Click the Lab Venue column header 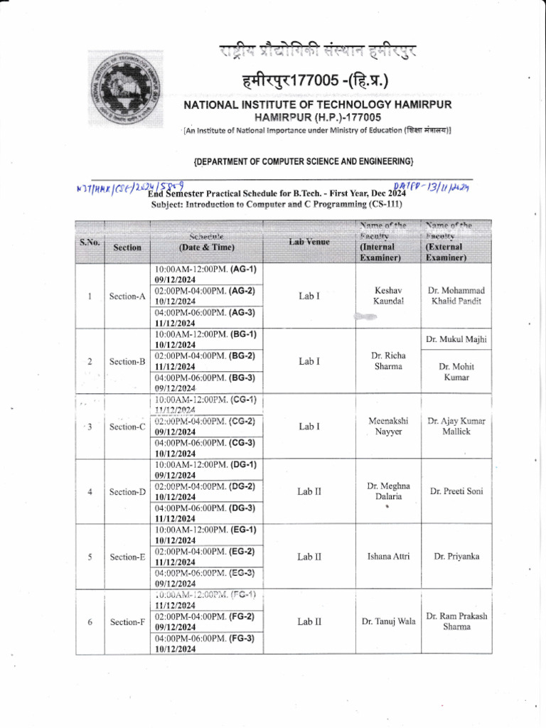(x=309, y=242)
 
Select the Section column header (x=127, y=247)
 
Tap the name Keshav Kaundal (x=388, y=296)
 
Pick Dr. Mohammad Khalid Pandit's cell (x=456, y=296)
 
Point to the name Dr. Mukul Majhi (x=456, y=340)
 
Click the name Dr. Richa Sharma (x=388, y=360)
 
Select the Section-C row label (x=127, y=427)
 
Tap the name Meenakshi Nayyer (x=388, y=426)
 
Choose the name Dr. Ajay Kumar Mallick (x=456, y=426)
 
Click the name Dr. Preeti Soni (x=456, y=491)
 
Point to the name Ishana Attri (x=388, y=557)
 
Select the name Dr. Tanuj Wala (x=388, y=622)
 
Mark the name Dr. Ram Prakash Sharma (x=456, y=621)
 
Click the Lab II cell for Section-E (x=309, y=557)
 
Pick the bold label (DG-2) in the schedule (x=243, y=486)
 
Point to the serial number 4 (x=90, y=491)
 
